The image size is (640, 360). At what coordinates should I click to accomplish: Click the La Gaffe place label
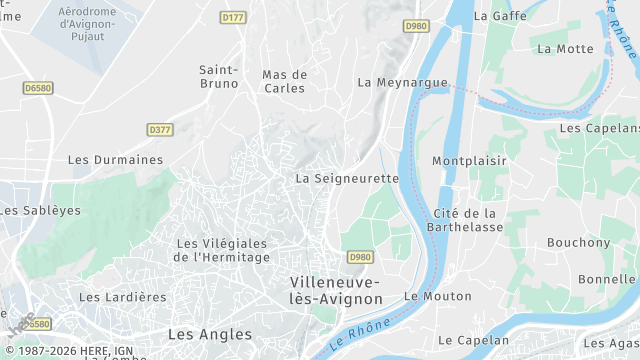[494, 16]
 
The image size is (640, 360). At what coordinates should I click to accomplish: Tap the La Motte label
[565, 48]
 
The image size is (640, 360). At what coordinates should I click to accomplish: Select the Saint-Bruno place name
[218, 76]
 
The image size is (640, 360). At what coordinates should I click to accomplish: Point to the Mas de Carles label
[284, 81]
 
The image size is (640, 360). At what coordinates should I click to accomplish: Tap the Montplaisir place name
[469, 161]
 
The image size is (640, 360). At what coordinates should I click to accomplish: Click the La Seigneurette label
[347, 178]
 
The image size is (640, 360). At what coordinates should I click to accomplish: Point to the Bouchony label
[578, 243]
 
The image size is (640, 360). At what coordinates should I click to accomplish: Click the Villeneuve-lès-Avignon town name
[336, 290]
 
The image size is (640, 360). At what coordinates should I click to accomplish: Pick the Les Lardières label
[123, 297]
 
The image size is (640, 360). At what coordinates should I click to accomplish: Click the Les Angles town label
[210, 333]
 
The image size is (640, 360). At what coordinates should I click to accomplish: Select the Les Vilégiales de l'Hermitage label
[222, 250]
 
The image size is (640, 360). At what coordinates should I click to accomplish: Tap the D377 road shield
[159, 130]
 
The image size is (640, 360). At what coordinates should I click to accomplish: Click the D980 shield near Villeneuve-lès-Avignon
[360, 257]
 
